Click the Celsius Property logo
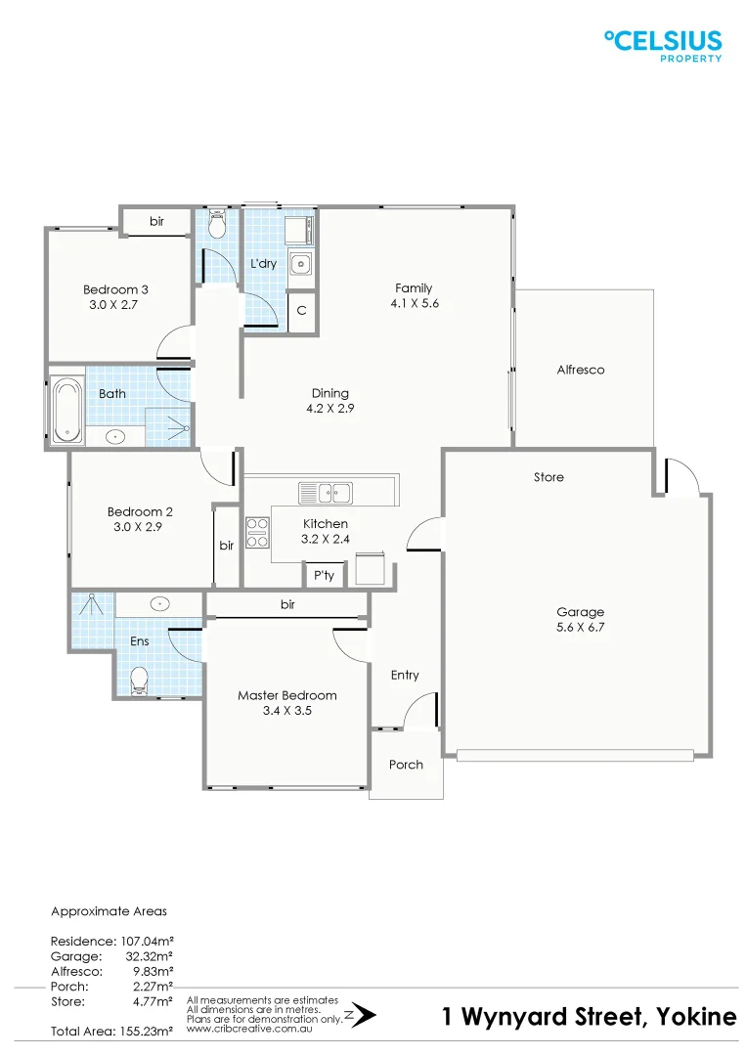click(664, 45)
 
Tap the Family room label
click(414, 288)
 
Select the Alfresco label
click(581, 370)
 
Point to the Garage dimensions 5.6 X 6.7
click(581, 628)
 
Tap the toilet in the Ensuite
click(139, 678)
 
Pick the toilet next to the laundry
click(217, 226)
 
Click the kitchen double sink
click(326, 491)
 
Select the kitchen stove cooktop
click(257, 533)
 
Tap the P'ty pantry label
click(324, 576)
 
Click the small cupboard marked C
click(302, 311)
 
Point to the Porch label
click(406, 765)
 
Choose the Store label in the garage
click(549, 477)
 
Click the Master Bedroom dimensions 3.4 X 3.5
click(287, 711)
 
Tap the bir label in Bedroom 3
click(156, 223)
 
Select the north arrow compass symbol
click(361, 1015)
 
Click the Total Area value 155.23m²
click(142, 1032)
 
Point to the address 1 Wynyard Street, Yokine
click(590, 1017)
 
